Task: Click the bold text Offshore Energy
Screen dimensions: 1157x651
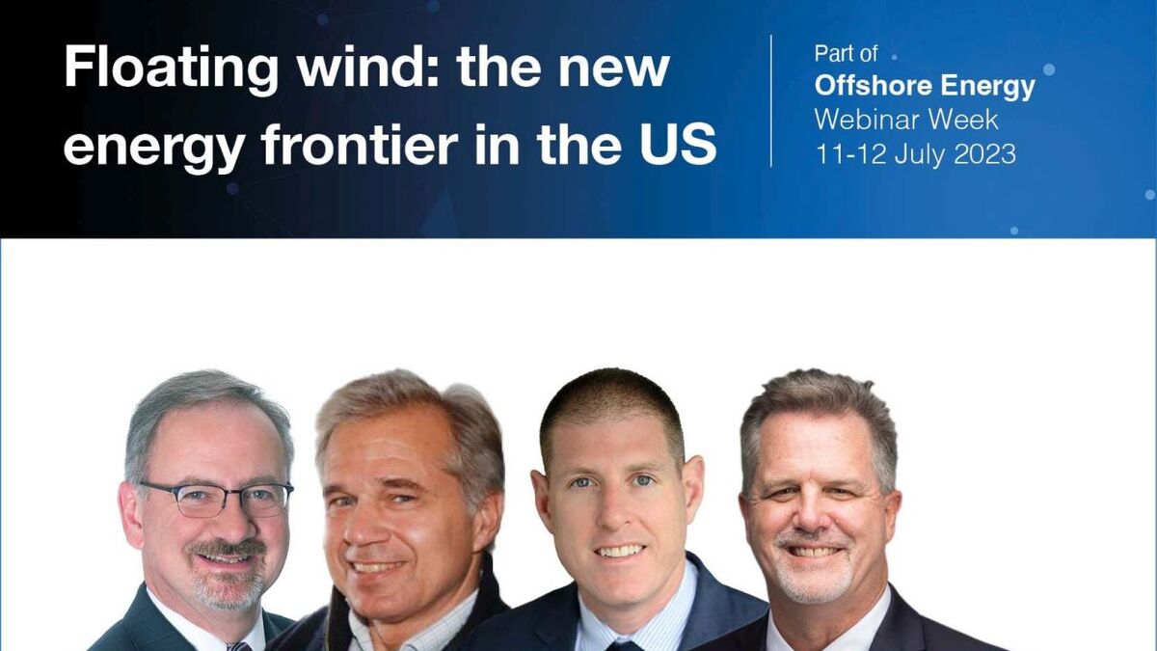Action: (x=925, y=87)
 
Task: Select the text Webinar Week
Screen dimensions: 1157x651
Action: (x=906, y=120)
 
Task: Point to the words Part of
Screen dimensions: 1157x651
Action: (x=846, y=54)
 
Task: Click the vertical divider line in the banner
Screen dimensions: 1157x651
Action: (x=771, y=100)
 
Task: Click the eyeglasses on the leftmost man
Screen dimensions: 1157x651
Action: (x=217, y=499)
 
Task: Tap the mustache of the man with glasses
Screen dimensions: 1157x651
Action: (x=228, y=549)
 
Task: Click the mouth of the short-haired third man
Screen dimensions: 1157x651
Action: (x=620, y=552)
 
